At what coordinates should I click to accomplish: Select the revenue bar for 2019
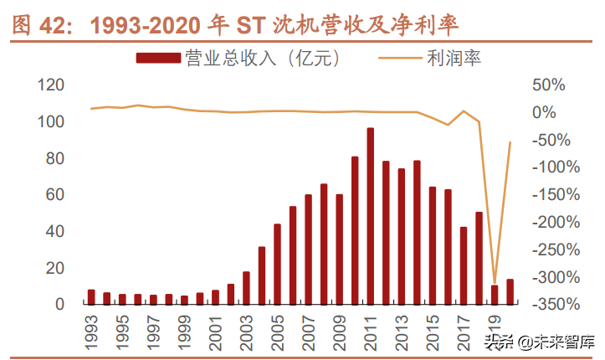tap(495, 295)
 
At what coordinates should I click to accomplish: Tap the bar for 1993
tap(91, 296)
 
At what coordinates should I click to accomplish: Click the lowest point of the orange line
tap(495, 283)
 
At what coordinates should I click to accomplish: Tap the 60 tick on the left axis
tap(56, 195)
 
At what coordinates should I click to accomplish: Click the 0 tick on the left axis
tap(60, 304)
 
